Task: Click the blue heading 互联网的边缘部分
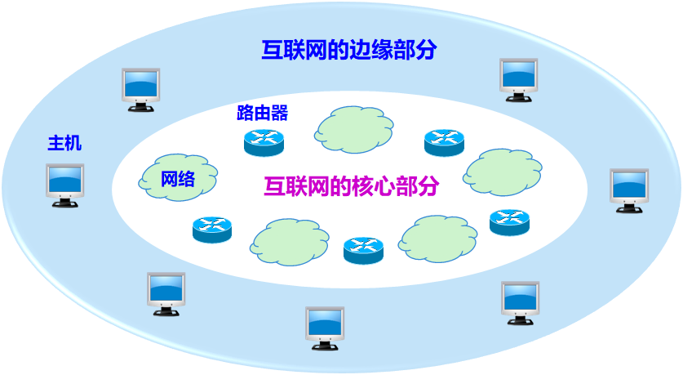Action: point(349,50)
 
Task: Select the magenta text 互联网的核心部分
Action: point(352,186)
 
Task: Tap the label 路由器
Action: point(262,113)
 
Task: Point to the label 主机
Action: point(64,143)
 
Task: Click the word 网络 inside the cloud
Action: point(178,179)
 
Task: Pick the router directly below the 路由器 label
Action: point(264,143)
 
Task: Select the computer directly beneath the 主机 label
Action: point(65,185)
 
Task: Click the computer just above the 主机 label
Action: point(140,90)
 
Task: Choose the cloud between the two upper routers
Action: point(353,130)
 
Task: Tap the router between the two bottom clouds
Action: point(363,250)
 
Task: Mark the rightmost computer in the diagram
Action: point(629,190)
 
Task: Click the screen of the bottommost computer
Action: point(325,323)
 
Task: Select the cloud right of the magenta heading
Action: point(502,172)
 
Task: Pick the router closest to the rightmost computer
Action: point(509,222)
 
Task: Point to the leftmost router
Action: point(212,230)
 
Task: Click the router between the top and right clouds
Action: point(444,143)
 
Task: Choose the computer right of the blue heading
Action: point(518,80)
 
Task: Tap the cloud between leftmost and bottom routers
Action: point(290,243)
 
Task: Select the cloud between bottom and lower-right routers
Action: point(437,239)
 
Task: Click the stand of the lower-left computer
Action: point(166,310)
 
